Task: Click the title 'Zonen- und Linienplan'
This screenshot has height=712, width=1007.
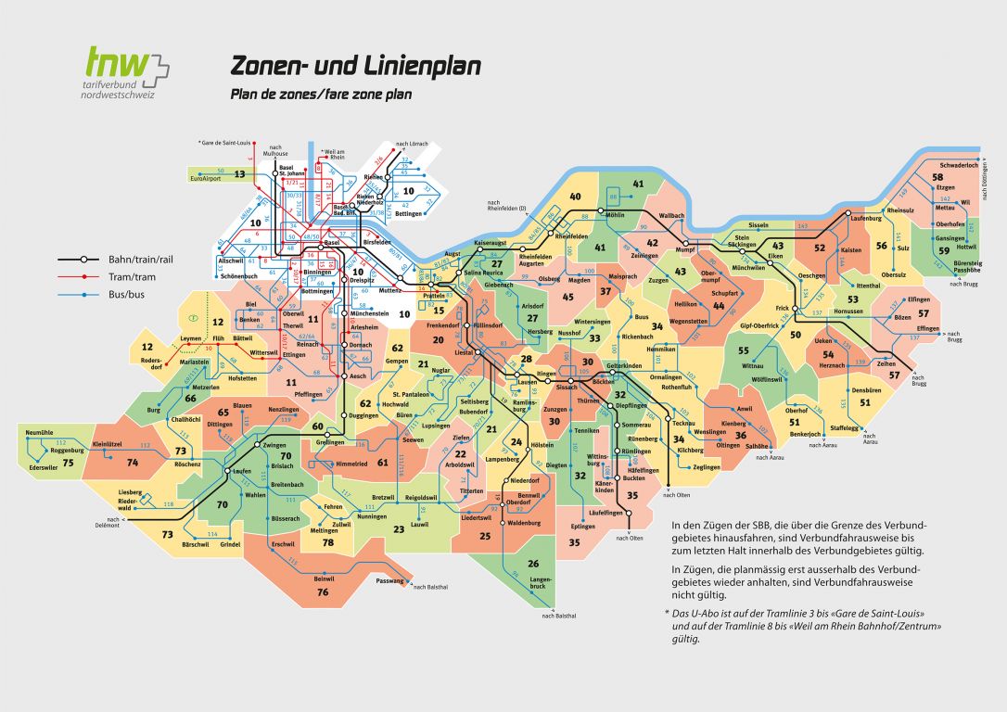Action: (355, 67)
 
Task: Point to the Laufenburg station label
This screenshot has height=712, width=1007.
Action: (866, 219)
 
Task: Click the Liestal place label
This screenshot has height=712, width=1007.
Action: (463, 352)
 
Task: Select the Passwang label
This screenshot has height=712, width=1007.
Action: (390, 581)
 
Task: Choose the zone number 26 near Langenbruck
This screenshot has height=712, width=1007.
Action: (533, 564)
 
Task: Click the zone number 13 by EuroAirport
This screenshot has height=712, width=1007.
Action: (239, 173)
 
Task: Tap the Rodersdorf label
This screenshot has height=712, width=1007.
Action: (152, 361)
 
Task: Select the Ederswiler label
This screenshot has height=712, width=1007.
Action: (45, 467)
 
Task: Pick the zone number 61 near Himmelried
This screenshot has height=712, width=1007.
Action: (382, 462)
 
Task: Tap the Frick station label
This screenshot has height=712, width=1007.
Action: (782, 307)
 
